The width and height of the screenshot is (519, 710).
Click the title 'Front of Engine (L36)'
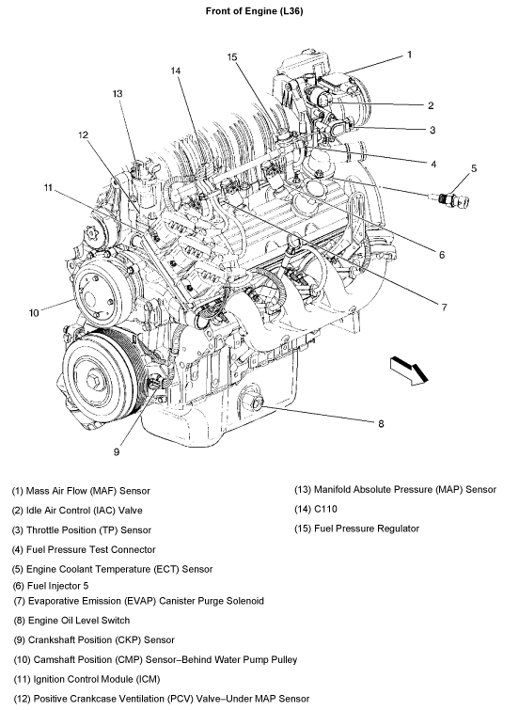[254, 11]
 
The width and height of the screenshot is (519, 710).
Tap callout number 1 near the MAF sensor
[409, 55]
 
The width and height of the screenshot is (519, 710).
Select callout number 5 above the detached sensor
[474, 168]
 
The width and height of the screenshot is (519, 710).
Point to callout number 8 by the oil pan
[381, 423]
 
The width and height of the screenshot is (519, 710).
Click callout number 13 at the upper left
[118, 94]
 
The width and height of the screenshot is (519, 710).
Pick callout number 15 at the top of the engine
[232, 57]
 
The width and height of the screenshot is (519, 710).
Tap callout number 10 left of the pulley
[34, 313]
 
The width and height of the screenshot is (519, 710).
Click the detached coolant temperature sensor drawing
[449, 199]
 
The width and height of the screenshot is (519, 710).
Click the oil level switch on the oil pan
[252, 401]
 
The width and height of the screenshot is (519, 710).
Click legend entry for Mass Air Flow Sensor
[81, 491]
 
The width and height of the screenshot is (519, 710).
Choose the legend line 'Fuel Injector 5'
[50, 586]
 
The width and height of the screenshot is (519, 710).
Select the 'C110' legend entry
[316, 509]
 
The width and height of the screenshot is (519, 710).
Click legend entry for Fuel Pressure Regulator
[357, 529]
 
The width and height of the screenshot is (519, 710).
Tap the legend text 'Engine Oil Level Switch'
[71, 621]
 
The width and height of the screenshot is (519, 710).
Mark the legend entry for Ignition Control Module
[86, 679]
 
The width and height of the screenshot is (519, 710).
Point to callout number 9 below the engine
[117, 452]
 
